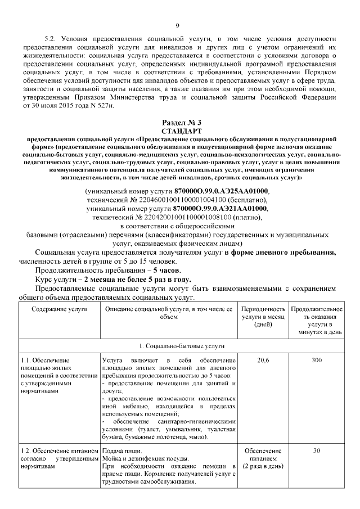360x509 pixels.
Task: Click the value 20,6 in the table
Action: point(263,359)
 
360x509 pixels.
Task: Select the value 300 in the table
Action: point(316,359)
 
